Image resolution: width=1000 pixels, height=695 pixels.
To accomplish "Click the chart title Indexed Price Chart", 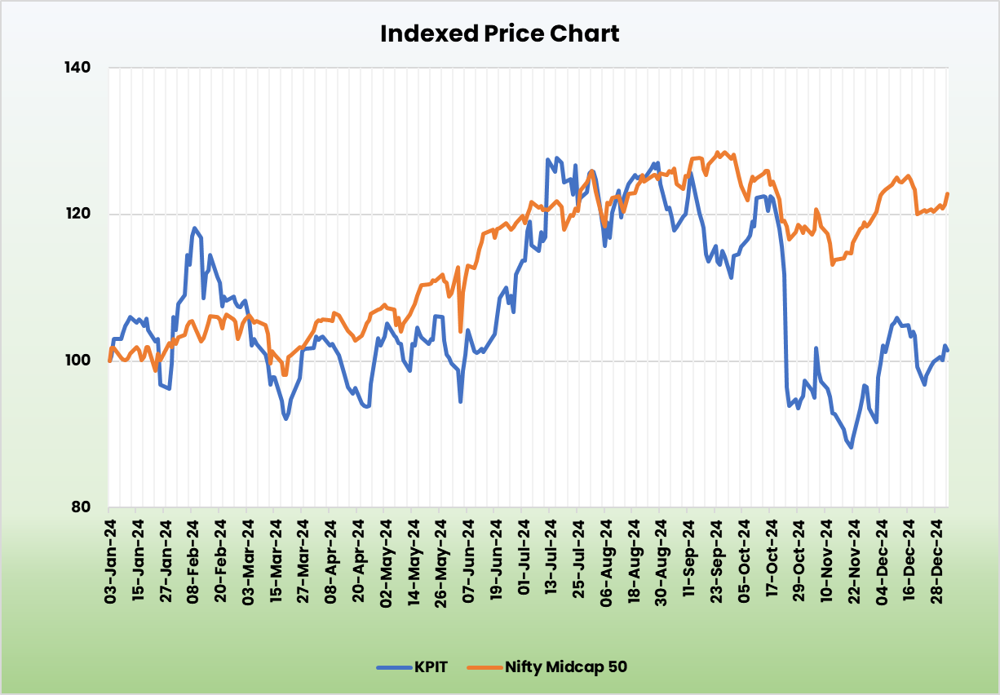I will pos(500,33).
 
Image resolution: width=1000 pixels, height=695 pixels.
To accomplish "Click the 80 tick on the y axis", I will pos(82,507).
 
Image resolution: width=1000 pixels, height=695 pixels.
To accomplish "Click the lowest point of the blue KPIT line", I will pos(852,447).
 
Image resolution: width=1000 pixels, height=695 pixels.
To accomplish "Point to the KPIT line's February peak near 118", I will pos(194,228).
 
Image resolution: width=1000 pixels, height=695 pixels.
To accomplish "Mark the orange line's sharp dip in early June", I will pos(461,331).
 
